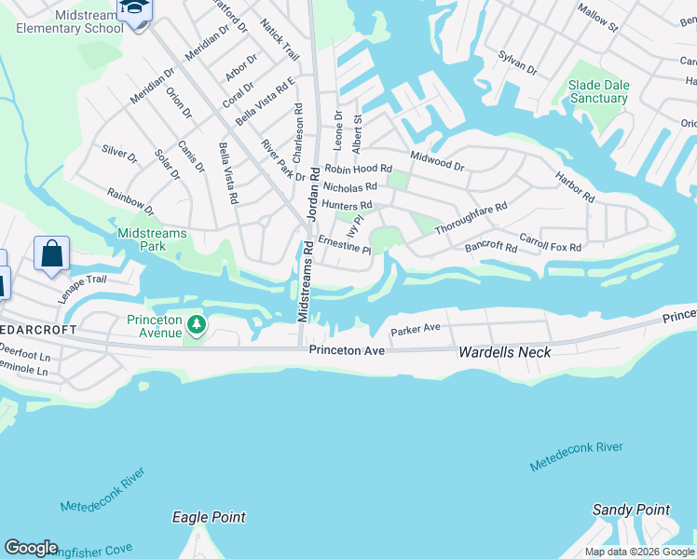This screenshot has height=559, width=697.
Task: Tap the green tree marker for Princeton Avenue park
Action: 196,325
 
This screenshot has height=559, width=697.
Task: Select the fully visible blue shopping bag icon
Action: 51,254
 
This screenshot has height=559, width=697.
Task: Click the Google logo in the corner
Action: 31,548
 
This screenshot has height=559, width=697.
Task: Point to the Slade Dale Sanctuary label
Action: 598,92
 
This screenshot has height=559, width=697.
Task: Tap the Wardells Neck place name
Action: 505,352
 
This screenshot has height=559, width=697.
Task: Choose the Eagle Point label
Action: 209,517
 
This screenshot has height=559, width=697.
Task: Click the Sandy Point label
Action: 631,510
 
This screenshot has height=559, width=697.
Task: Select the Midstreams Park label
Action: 152,239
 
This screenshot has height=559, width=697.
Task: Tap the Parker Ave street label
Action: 416,330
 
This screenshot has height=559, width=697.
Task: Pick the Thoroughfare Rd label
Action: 471,218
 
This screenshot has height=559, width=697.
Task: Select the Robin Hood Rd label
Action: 358,169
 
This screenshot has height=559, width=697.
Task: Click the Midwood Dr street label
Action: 436,160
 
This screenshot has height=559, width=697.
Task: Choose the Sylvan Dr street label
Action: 518,63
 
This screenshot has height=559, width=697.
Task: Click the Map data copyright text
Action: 639,552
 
